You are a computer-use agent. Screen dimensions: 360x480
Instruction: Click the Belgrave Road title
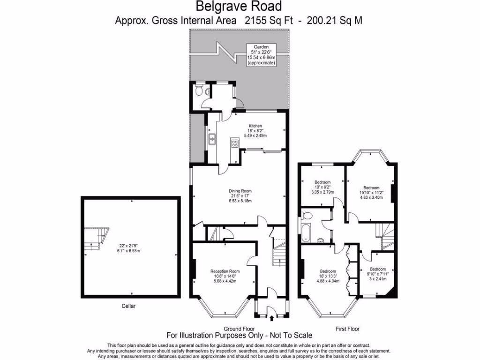239,7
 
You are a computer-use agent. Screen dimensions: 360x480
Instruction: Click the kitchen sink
212,138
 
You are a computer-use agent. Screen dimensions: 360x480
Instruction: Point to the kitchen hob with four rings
234,144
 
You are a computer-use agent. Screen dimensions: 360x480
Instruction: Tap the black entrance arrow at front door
272,319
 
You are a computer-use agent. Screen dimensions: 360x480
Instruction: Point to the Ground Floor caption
239,328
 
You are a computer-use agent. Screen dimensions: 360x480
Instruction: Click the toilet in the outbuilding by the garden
199,90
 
